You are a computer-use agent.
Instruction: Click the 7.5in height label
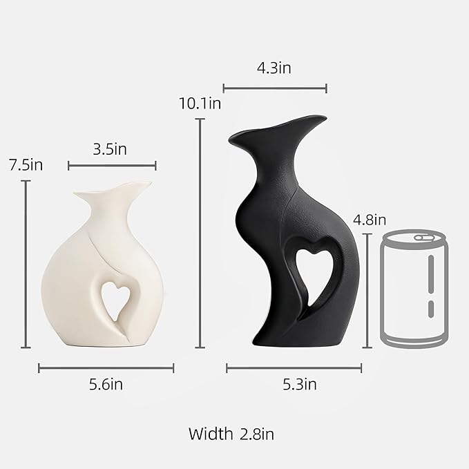pos(26,165)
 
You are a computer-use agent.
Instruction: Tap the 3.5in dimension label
pos(110,149)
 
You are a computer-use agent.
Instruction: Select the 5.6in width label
pos(106,384)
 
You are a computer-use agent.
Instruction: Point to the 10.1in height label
pos(200,104)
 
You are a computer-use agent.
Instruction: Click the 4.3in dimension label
pos(274,68)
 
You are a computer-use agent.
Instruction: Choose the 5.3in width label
pos(300,384)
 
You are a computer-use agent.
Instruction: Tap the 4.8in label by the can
pos(370,220)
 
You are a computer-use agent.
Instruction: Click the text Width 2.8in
pos(231,434)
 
